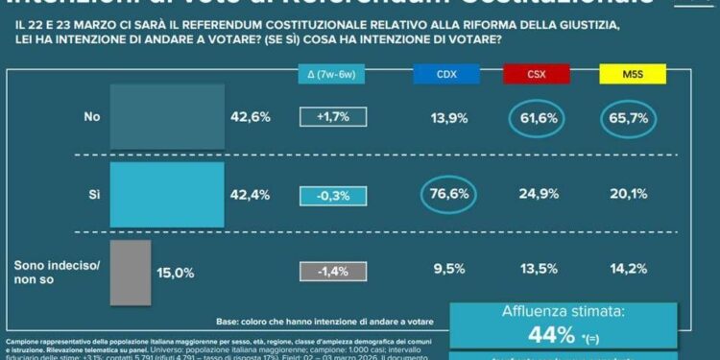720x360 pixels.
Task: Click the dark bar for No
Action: [167, 116]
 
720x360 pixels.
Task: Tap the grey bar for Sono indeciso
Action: [131, 271]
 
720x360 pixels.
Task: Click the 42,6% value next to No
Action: [251, 117]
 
